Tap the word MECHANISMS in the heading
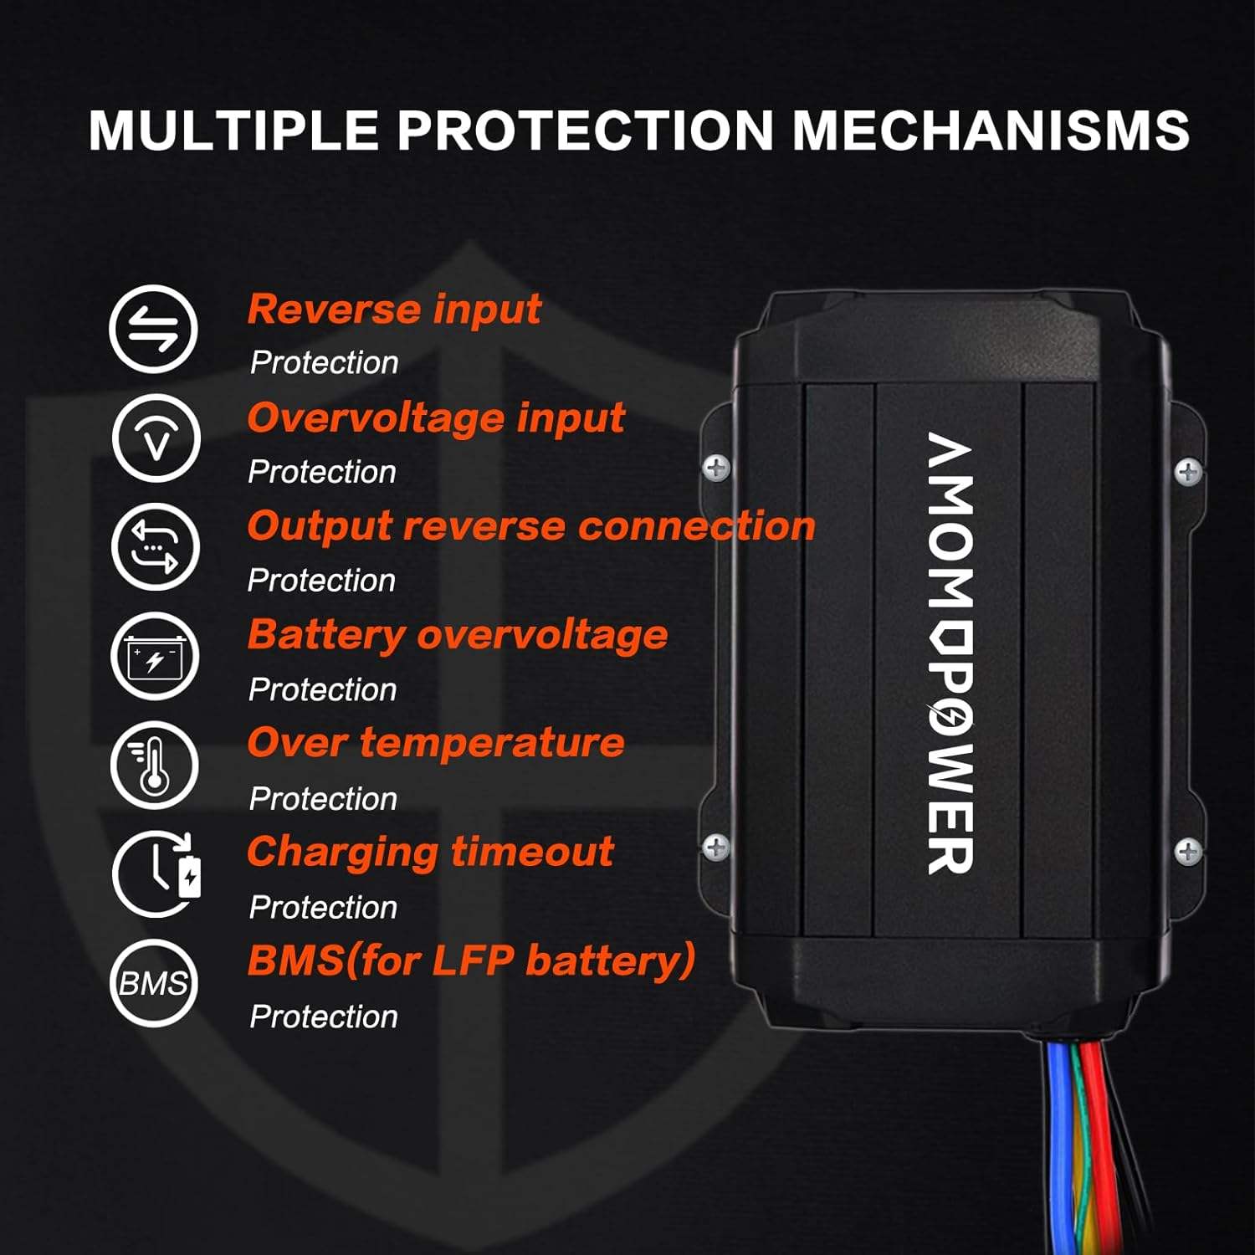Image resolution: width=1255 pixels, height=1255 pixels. click(x=991, y=131)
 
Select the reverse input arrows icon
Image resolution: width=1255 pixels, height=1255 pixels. click(x=153, y=329)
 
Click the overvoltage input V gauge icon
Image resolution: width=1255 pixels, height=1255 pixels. click(x=156, y=438)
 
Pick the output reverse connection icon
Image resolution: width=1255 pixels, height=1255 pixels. click(x=156, y=547)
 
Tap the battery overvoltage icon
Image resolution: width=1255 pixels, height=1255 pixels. click(x=155, y=656)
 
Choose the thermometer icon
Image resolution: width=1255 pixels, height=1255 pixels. click(x=154, y=765)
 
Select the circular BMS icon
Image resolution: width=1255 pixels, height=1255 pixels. click(x=153, y=983)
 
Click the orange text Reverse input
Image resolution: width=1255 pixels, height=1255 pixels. click(x=394, y=310)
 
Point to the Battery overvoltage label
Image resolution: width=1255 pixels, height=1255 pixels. click(x=458, y=635)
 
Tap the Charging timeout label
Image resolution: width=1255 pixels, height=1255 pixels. click(x=430, y=853)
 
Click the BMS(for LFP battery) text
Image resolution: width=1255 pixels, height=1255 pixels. click(x=471, y=960)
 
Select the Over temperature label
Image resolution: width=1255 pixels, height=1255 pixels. click(x=436, y=743)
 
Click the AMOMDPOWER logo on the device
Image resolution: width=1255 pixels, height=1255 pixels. click(x=950, y=653)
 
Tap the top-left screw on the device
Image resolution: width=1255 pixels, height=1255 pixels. click(x=716, y=468)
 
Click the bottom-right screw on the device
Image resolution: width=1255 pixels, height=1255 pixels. click(x=1188, y=853)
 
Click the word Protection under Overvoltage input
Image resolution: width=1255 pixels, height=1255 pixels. click(x=322, y=472)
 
